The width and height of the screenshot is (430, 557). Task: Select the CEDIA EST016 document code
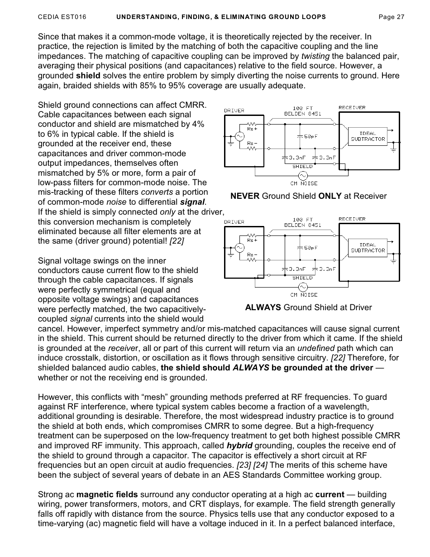(x=62, y=17)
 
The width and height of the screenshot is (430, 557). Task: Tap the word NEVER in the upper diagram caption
(x=245, y=196)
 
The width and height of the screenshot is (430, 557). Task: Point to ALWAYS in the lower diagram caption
(x=263, y=307)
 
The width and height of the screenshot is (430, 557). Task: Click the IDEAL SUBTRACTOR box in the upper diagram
(x=368, y=136)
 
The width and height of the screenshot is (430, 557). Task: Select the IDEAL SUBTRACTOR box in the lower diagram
(x=368, y=248)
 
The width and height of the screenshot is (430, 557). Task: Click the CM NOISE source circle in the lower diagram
(x=303, y=287)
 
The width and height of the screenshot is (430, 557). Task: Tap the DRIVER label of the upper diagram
(x=234, y=110)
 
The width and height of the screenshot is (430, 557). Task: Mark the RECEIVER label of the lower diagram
(x=352, y=219)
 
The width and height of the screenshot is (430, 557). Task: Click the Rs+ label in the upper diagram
(x=252, y=129)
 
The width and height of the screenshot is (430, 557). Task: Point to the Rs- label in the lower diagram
(x=252, y=254)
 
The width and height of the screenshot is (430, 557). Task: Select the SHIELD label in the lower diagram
(x=302, y=278)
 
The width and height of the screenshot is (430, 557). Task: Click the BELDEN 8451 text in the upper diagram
(x=302, y=114)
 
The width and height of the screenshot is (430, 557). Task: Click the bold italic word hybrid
(x=239, y=446)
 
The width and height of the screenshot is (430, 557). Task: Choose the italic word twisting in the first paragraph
(x=316, y=56)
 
